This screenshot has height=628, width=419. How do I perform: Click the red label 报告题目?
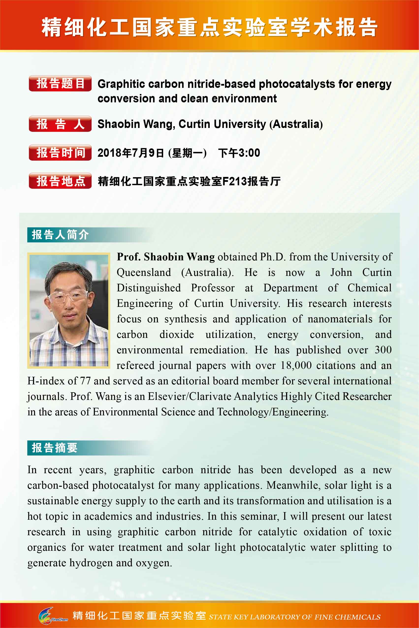click(x=60, y=83)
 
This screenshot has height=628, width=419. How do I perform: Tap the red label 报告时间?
click(x=60, y=153)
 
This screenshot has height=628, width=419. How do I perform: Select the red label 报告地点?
click(x=60, y=181)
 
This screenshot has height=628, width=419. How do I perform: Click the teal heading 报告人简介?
click(x=60, y=235)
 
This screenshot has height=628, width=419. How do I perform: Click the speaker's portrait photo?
click(x=69, y=310)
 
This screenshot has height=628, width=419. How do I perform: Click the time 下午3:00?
click(x=239, y=153)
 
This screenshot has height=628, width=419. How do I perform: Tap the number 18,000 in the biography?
click(x=296, y=365)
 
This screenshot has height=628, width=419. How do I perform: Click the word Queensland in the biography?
click(x=144, y=272)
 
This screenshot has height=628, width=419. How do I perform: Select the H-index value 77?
click(x=85, y=381)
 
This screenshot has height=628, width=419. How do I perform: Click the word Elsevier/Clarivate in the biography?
click(x=190, y=396)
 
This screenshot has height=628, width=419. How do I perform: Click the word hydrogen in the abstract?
click(x=91, y=563)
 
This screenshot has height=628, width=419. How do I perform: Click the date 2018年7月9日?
click(x=131, y=153)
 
